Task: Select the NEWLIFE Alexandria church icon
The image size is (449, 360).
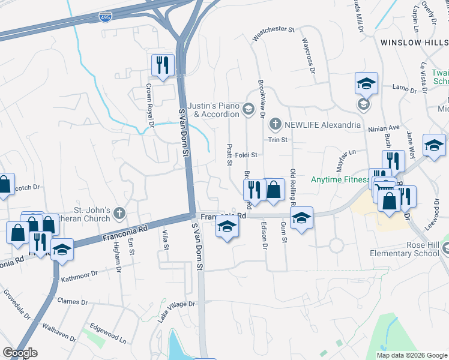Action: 275,124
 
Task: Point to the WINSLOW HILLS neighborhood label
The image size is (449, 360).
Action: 414,43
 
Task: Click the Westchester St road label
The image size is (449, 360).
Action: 274,34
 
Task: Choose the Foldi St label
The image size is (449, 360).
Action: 246,155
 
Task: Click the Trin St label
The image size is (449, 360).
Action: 278,139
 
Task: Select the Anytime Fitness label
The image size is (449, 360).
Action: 340,179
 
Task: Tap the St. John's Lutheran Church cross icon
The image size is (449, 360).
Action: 119,212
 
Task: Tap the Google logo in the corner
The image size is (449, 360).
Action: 20,353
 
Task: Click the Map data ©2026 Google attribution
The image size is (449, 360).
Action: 412,355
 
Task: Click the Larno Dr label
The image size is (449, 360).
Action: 404,88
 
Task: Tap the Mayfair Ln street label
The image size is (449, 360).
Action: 343,159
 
